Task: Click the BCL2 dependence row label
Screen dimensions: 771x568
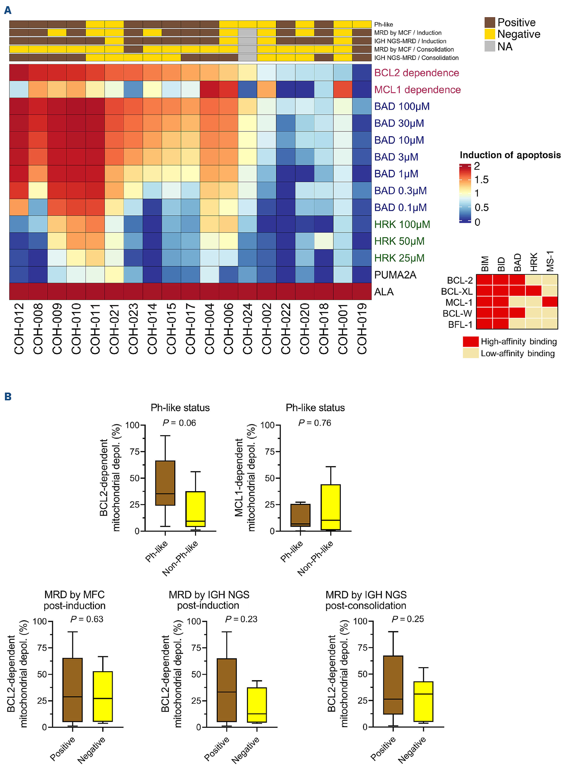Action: pos(416,73)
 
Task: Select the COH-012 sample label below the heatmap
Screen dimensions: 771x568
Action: pos(19,328)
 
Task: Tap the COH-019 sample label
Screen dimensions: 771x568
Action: pos(362,328)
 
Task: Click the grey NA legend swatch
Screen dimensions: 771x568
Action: pos(490,46)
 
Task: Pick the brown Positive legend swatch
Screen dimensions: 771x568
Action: pos(490,23)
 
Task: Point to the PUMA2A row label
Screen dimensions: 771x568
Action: pos(395,275)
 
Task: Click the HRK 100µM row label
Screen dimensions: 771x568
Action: pos(402,224)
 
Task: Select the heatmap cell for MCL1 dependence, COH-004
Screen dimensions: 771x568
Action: pos(210,89)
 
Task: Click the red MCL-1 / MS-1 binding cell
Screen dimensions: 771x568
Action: pos(549,302)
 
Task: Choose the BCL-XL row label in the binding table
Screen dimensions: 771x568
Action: pos(457,291)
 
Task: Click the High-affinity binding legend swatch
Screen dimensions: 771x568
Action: pos(470,342)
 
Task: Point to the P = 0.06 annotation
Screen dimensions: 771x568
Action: pos(179,423)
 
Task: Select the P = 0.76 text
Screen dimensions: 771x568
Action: pos(315,423)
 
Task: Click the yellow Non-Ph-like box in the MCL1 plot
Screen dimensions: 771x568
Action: pos(330,507)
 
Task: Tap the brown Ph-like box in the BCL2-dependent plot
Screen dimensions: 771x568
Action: pos(165,483)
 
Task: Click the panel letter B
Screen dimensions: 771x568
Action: pos(8,397)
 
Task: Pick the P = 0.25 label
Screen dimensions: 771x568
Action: pos(407,619)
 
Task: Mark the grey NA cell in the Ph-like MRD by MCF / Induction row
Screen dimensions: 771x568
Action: pos(248,33)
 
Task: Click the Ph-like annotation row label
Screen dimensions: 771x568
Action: pos(383,24)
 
